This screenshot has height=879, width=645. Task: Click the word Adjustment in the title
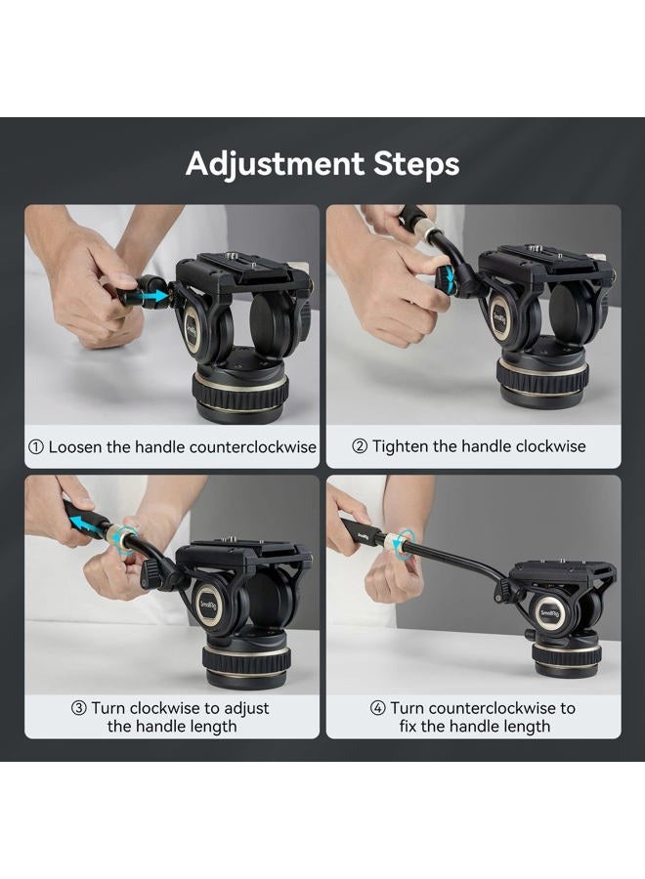(275, 163)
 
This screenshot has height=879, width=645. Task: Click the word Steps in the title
(415, 163)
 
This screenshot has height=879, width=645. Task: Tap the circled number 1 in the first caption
(36, 446)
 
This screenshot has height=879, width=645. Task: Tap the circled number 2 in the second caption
(359, 446)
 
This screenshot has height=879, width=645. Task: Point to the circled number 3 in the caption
(78, 708)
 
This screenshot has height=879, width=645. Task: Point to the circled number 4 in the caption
(377, 708)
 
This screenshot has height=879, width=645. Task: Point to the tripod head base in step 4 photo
(567, 654)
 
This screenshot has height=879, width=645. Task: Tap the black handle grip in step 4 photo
(363, 532)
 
